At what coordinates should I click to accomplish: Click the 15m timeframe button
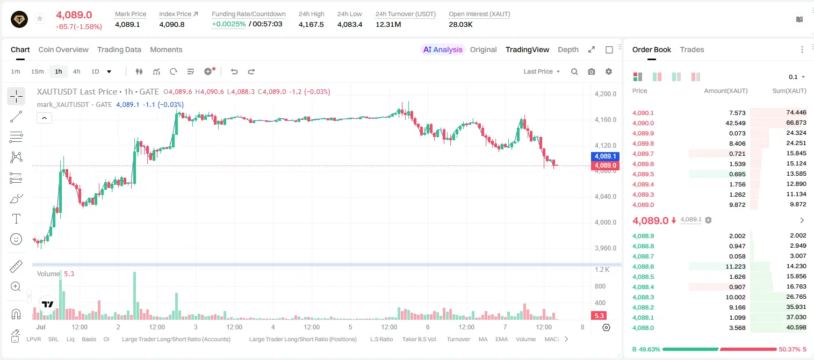pos(37,71)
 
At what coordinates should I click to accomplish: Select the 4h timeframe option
pos(76,71)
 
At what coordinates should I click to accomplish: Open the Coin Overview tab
pos(63,49)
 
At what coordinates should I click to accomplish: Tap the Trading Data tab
pos(119,49)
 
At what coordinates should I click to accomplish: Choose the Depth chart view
pos(568,49)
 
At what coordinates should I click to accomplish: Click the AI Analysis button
pos(443,49)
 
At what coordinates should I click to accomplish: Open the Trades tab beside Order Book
pos(691,49)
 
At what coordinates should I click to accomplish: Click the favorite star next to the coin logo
pos(40,18)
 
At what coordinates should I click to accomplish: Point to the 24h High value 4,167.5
pos(311,24)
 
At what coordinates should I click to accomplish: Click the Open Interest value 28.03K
pos(460,24)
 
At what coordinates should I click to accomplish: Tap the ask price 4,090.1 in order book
pos(643,113)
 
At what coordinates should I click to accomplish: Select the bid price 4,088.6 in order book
pos(643,267)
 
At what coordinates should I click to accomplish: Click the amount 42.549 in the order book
pos(735,123)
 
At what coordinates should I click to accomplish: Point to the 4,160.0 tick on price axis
pos(606,119)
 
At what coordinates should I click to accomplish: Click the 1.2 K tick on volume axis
pos(602,270)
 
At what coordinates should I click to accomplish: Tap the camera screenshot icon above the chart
pos(591,71)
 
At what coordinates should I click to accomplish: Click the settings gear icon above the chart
pos(609,71)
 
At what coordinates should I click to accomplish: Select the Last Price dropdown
pos(542,71)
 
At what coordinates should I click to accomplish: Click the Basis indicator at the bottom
pos(89,339)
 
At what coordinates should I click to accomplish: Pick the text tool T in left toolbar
pos(16,219)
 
